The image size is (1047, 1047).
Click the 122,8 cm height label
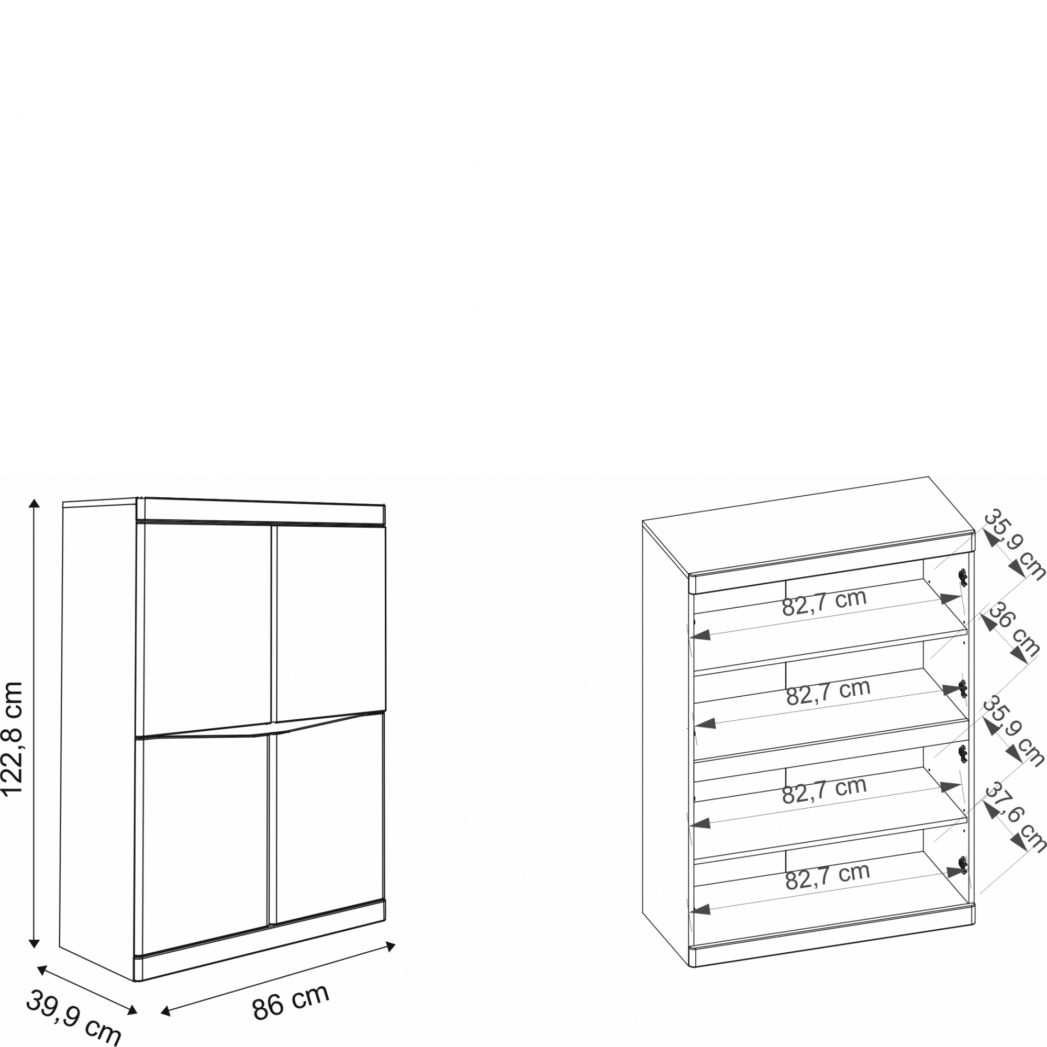(x=12, y=739)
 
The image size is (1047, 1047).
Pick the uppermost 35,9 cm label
(x=1014, y=544)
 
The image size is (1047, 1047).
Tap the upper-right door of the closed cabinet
(x=330, y=623)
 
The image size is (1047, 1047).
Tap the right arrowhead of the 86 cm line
(x=390, y=946)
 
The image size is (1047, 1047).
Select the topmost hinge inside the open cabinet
(x=963, y=578)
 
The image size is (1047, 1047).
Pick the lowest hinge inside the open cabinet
(x=963, y=864)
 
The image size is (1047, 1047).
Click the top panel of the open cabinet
(x=807, y=525)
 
